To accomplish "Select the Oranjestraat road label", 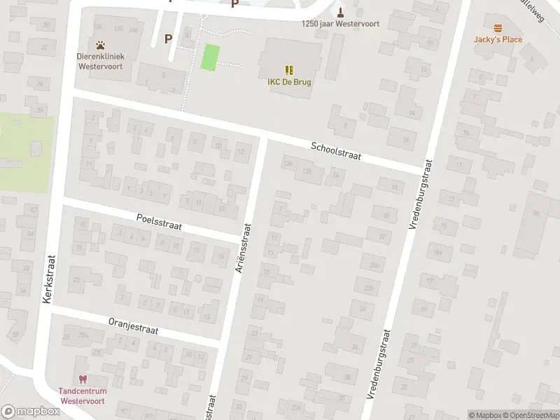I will (134, 325).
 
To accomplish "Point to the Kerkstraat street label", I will (48, 279).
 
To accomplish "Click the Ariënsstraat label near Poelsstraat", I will (244, 247).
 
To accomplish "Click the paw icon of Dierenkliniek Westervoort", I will (101, 44).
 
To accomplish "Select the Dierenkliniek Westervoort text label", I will (101, 60).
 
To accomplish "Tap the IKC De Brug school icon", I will (289, 69).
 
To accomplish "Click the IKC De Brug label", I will (289, 82).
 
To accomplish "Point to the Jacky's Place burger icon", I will (498, 28).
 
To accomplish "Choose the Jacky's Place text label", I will (498, 39).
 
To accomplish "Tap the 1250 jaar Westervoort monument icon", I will (341, 11).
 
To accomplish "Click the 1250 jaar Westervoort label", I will (340, 24).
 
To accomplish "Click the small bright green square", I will (210, 57).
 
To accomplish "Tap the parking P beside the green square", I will (167, 38).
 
